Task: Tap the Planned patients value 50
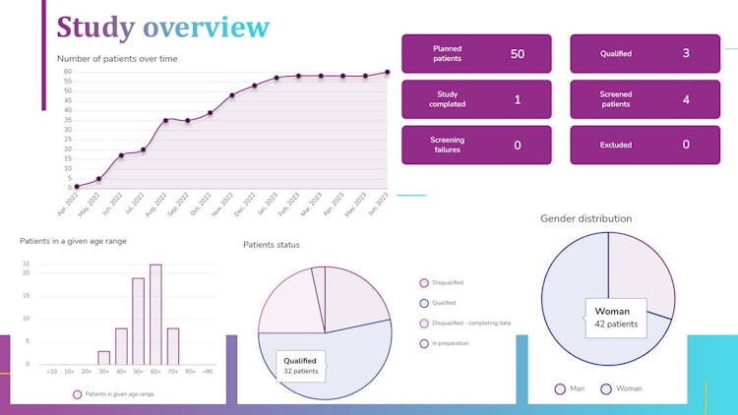point(517,54)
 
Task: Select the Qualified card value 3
point(686,54)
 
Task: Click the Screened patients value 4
point(686,99)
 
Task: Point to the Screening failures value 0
point(517,145)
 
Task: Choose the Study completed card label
point(448,99)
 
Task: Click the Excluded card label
point(615,145)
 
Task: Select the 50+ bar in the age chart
point(138,322)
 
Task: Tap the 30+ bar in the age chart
point(103,358)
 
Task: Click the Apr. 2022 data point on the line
point(76,187)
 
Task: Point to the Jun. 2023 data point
point(387,72)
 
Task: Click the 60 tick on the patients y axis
point(67,72)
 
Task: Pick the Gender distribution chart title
point(586,218)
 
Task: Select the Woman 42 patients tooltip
point(616,317)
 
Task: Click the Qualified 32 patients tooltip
point(300,366)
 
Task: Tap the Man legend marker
point(561,388)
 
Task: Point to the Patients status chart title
point(272,245)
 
